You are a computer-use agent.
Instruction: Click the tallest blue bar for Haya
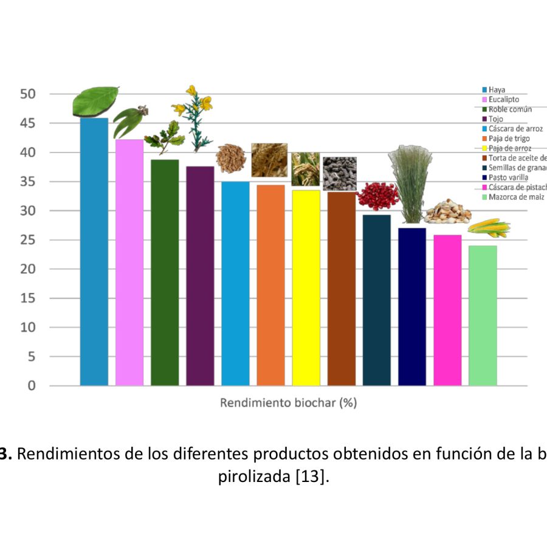click(94, 252)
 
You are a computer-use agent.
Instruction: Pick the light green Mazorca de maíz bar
click(483, 315)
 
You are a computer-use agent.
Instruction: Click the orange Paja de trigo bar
click(270, 285)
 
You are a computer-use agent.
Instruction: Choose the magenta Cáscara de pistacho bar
click(447, 310)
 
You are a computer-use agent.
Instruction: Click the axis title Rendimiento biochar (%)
click(288, 403)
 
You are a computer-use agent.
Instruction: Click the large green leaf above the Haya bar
click(95, 101)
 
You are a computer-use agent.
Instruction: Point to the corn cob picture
click(489, 229)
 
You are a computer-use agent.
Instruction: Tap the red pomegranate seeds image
click(377, 196)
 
